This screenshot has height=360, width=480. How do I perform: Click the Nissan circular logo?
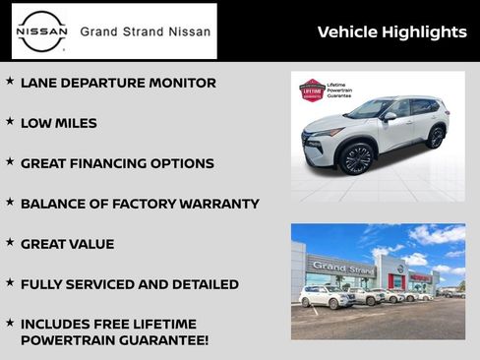[42, 30]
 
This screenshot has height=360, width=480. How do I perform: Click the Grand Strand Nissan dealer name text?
[145, 31]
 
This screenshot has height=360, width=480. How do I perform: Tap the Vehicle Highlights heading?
[391, 32]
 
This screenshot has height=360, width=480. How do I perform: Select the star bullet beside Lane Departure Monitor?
[10, 81]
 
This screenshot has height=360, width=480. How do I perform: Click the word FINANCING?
[114, 163]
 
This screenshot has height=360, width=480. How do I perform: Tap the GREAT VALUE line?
[67, 244]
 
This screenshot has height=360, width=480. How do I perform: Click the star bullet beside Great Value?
[10, 241]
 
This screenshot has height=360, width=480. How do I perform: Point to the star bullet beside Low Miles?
[10, 121]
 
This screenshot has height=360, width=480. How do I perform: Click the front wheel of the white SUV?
[356, 157]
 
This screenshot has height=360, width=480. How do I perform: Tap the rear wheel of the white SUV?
[435, 137]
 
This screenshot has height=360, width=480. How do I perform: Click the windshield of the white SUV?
[371, 108]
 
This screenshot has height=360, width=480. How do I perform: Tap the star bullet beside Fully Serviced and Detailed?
[10, 281]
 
